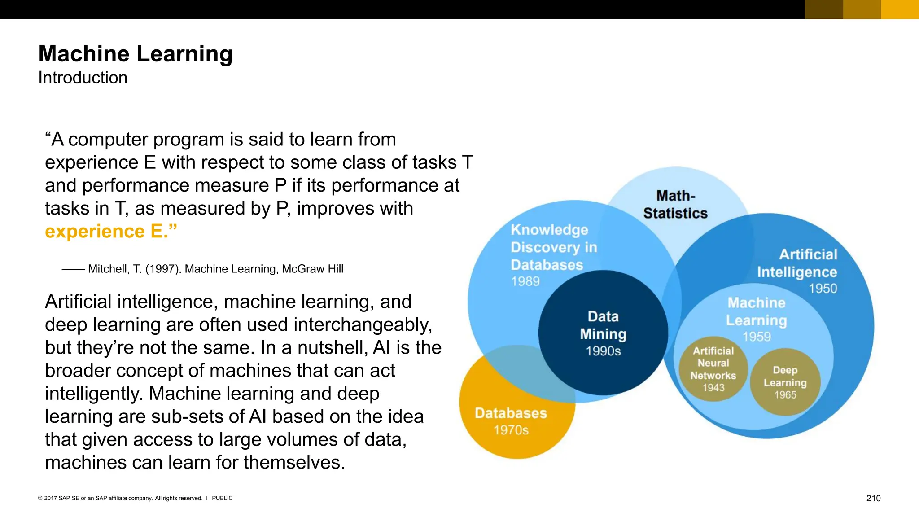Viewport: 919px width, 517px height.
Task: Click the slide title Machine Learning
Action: [136, 54]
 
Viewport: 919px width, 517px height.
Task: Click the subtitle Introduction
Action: [83, 78]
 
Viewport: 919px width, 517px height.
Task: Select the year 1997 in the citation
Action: [162, 269]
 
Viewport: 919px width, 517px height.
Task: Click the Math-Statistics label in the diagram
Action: [675, 205]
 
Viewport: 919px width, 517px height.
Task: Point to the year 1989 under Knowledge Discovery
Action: [525, 281]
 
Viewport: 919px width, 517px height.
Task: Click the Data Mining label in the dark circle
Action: [603, 325]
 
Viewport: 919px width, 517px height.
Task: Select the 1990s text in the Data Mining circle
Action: [603, 351]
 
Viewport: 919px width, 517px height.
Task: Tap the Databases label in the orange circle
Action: [511, 413]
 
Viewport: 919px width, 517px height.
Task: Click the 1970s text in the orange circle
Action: [511, 430]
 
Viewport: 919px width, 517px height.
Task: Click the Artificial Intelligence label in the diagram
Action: [797, 263]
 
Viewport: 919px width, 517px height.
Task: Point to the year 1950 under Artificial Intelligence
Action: [823, 289]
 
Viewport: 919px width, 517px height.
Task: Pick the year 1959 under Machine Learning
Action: [757, 337]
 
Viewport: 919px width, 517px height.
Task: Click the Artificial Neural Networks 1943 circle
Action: [713, 369]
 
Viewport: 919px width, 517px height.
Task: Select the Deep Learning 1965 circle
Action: [785, 382]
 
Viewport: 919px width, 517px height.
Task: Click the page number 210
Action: [873, 498]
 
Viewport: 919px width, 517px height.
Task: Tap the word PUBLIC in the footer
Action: [222, 498]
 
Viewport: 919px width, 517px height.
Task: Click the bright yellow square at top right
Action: [900, 9]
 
